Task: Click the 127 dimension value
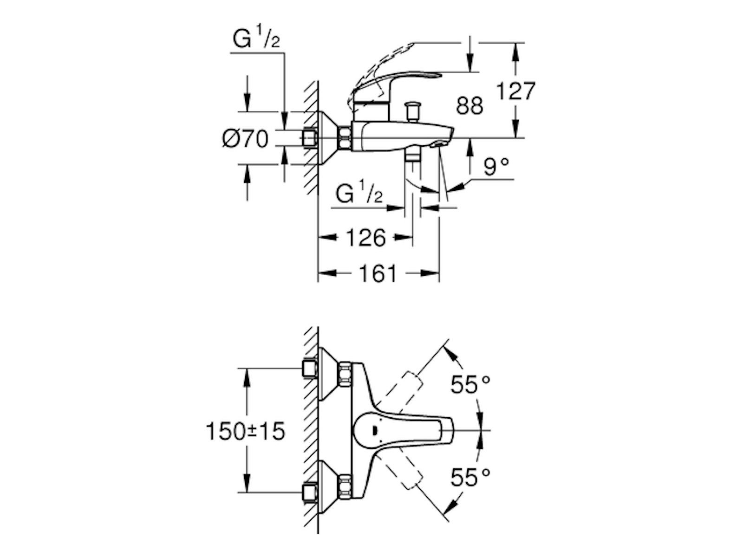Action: click(516, 91)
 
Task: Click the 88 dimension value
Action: click(469, 106)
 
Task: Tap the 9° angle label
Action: click(496, 167)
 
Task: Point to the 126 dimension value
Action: click(366, 238)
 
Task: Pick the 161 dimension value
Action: click(378, 274)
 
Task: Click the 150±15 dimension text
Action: click(245, 432)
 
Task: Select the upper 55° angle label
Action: click(470, 385)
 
